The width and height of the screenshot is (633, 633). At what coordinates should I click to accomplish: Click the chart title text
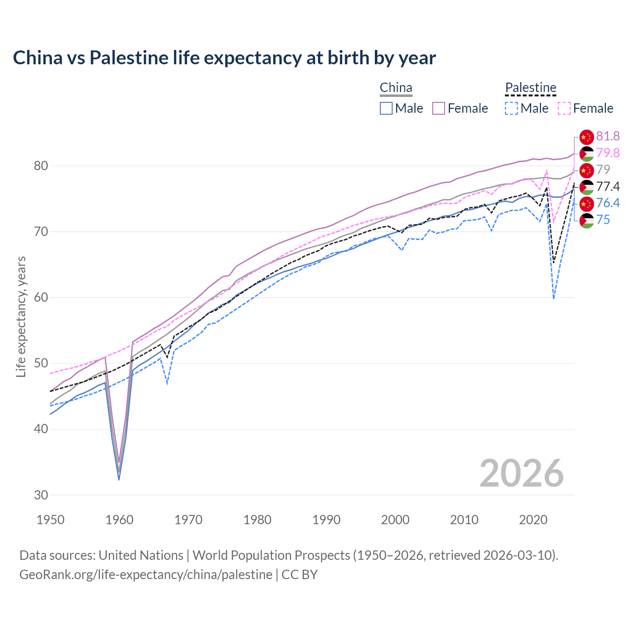pyautogui.click(x=224, y=58)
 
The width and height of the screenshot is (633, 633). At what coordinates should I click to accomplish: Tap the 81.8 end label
pyautogui.click(x=608, y=136)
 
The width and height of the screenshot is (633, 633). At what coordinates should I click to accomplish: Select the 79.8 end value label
pyautogui.click(x=608, y=153)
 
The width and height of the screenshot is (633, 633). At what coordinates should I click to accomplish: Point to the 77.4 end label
pyautogui.click(x=608, y=186)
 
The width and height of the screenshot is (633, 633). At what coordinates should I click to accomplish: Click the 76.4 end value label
pyautogui.click(x=608, y=203)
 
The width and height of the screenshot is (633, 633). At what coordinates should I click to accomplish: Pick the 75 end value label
pyautogui.click(x=603, y=220)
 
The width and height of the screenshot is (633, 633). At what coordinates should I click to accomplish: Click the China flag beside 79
pyautogui.click(x=587, y=170)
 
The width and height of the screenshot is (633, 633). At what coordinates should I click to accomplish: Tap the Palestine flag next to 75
pyautogui.click(x=587, y=221)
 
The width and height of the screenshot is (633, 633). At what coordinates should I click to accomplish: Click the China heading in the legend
pyautogui.click(x=396, y=88)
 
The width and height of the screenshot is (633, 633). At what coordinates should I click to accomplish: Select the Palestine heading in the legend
pyautogui.click(x=531, y=88)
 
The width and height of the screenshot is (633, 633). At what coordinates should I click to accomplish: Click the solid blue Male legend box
pyautogui.click(x=386, y=108)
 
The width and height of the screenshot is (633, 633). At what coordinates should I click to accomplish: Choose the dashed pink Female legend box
pyautogui.click(x=564, y=108)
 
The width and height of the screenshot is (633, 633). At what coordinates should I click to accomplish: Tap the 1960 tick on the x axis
pyautogui.click(x=120, y=520)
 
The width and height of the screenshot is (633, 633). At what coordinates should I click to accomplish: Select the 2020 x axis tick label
pyautogui.click(x=533, y=520)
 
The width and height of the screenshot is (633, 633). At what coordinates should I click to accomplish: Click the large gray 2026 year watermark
pyautogui.click(x=521, y=474)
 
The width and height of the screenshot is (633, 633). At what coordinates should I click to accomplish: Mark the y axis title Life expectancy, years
pyautogui.click(x=21, y=316)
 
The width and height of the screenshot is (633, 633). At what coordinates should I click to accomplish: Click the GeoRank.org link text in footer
pyautogui.click(x=146, y=575)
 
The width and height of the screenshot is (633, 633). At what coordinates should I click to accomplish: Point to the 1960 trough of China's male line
pyautogui.click(x=119, y=479)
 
